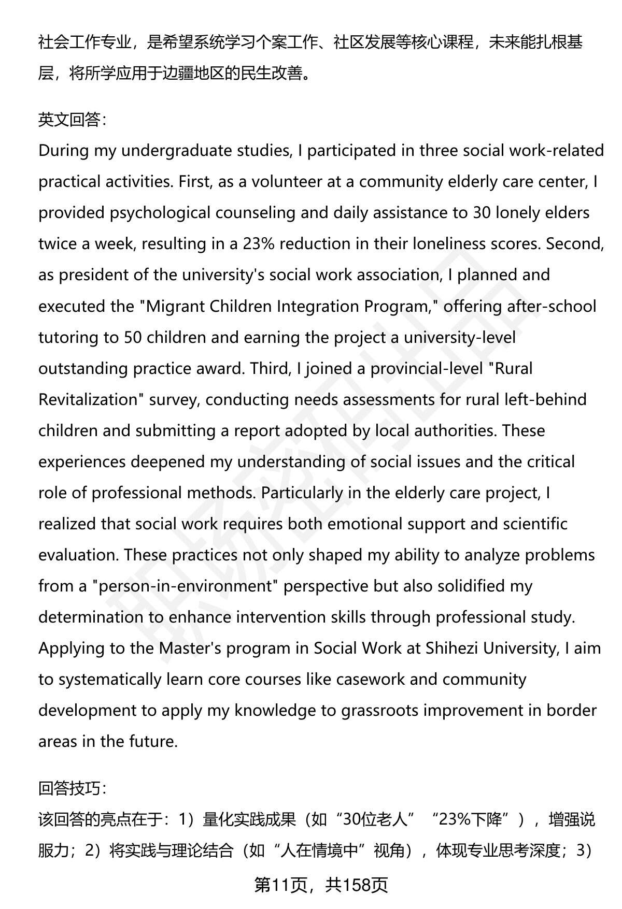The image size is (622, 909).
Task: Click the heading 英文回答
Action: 72,120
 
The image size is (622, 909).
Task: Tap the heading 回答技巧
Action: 72,788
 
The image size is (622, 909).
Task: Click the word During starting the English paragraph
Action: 64,151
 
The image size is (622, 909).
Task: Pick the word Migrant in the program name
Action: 176,306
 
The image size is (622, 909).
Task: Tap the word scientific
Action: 535,524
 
